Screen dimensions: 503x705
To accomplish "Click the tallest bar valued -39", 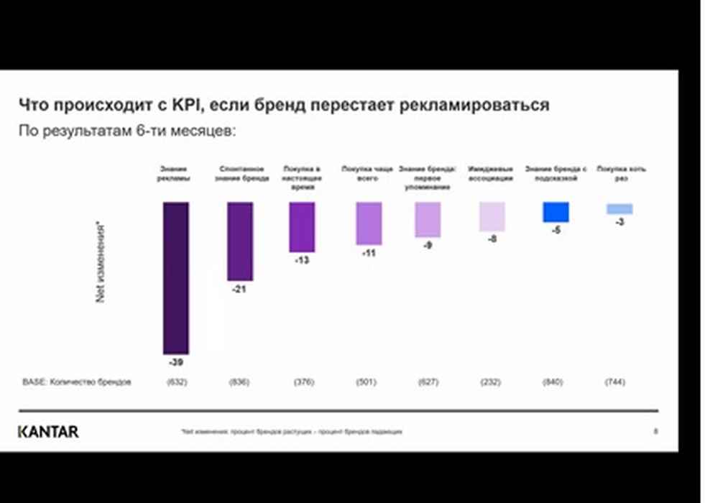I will [175, 277].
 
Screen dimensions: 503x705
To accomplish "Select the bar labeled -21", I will [240, 241].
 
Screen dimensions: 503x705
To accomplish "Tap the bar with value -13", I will [302, 227].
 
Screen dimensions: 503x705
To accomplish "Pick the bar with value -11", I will [369, 223].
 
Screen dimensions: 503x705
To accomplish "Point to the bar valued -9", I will [428, 219].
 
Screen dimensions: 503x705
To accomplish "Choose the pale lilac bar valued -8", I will [492, 216].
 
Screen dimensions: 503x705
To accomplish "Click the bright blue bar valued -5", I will [556, 212].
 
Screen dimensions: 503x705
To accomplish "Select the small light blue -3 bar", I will [619, 208].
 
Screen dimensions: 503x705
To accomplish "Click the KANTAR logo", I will [48, 432].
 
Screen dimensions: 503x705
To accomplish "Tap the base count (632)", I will [176, 382].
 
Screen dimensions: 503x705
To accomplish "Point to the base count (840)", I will [553, 382].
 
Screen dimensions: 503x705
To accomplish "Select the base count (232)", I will [490, 382].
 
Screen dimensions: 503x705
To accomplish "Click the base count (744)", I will [615, 382].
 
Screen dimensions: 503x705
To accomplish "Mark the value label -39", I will [176, 361].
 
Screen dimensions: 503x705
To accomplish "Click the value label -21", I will [239, 290].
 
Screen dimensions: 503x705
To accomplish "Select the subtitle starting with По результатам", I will [127, 131].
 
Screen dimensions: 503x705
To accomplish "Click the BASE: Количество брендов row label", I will [77, 382].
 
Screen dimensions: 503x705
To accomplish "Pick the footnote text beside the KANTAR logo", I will [292, 432].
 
